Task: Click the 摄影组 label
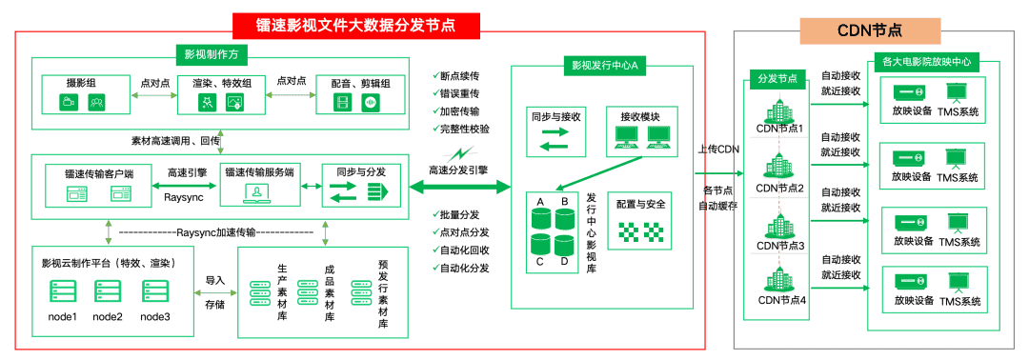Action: (x=81, y=82)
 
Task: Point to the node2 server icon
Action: (x=107, y=292)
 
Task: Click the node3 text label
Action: (x=154, y=316)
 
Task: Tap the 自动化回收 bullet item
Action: (x=464, y=250)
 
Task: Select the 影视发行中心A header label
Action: (x=603, y=66)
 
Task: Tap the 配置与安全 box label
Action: (x=640, y=204)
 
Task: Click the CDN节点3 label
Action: (x=780, y=245)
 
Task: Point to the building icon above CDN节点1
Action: (x=780, y=109)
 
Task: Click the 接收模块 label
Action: (x=640, y=117)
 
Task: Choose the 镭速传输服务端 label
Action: (x=258, y=171)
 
